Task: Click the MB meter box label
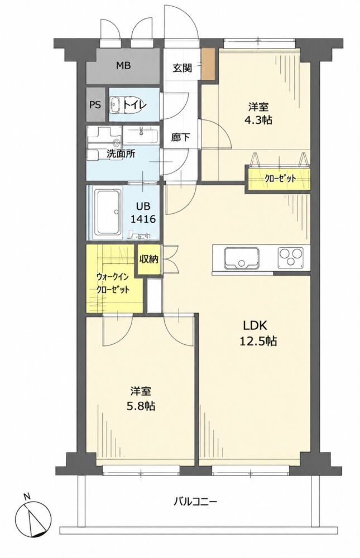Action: click(x=123, y=66)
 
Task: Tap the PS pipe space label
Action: click(x=95, y=105)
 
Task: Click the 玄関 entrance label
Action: click(x=183, y=68)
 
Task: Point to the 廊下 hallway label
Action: click(x=180, y=137)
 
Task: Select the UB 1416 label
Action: click(x=142, y=213)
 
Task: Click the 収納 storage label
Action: click(x=148, y=259)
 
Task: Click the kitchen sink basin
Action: click(x=242, y=258)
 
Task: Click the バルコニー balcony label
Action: click(x=195, y=502)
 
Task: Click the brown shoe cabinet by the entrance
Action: click(x=208, y=64)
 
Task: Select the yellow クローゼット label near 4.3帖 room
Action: click(x=280, y=179)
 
